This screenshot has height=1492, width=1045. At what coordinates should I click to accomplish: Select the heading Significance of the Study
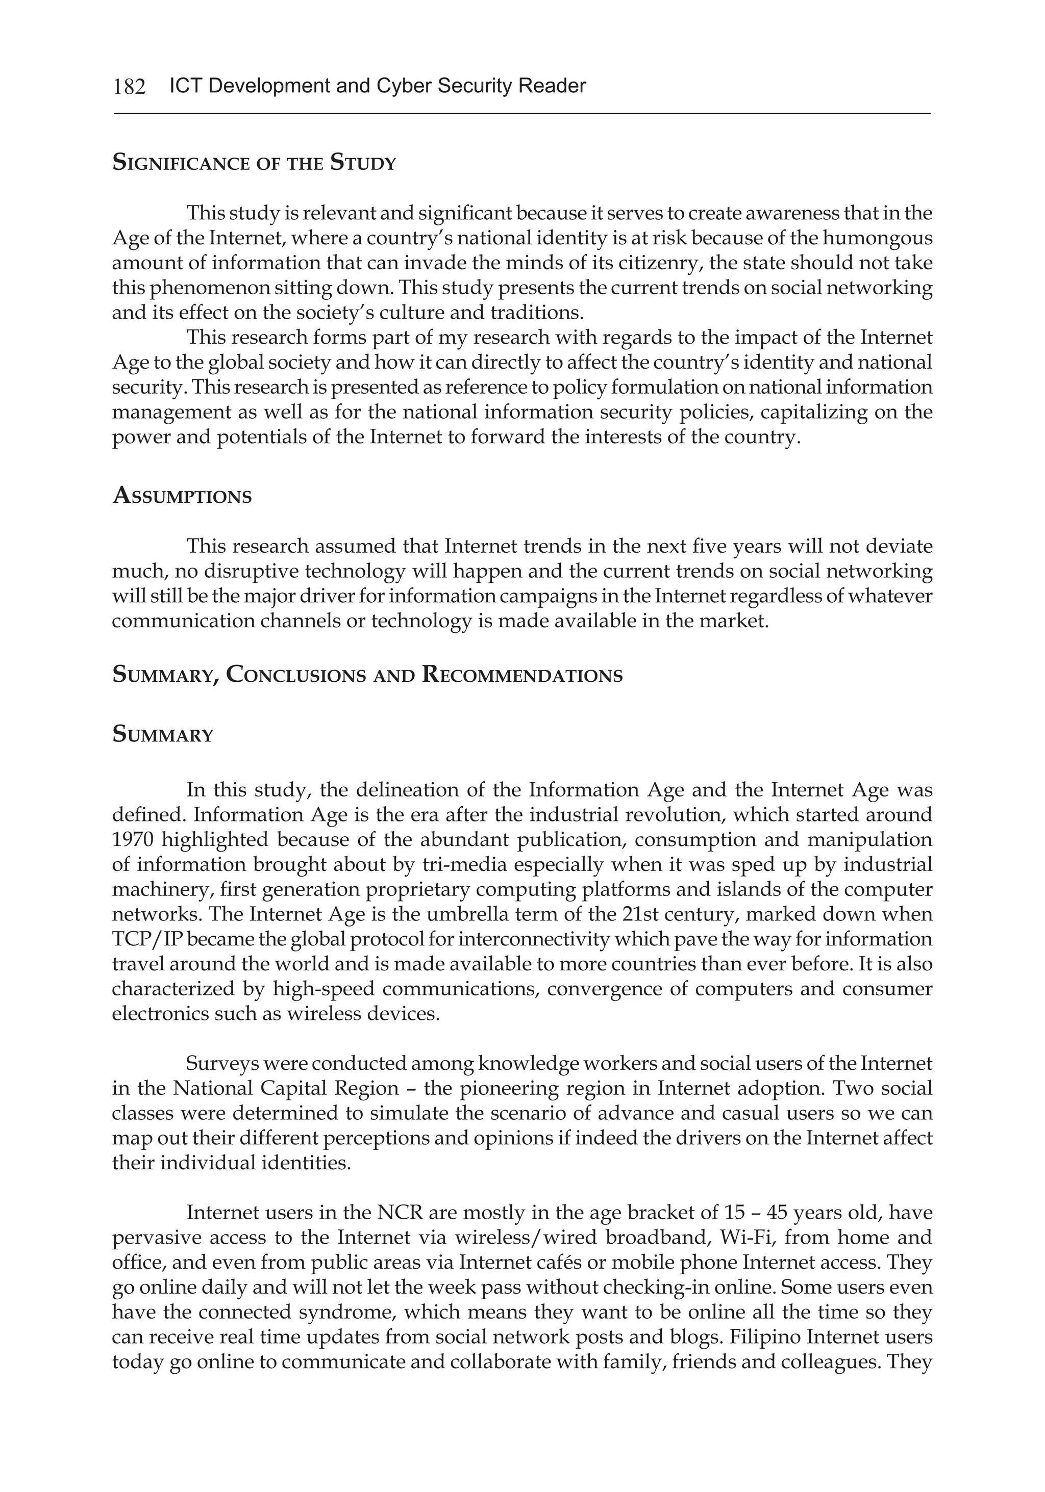pyautogui.click(x=254, y=163)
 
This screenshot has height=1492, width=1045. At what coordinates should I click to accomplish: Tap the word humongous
pyautogui.click(x=877, y=239)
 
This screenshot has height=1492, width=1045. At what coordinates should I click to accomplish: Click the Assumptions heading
pyautogui.click(x=182, y=497)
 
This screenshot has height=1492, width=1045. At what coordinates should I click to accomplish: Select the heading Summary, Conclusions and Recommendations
pyautogui.click(x=367, y=675)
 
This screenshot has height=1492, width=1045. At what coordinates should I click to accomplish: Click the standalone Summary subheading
pyautogui.click(x=163, y=735)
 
